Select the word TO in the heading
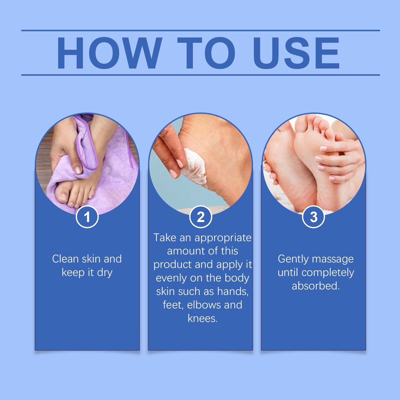tap(206, 53)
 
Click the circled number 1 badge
tap(87, 217)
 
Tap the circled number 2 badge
tap(200, 217)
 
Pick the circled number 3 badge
tap(313, 217)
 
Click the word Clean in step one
tap(65, 259)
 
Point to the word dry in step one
tap(105, 273)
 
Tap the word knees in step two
tap(202, 318)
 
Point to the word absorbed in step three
tap(316, 286)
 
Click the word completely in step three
tap(328, 273)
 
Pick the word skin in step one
tap(91, 259)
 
